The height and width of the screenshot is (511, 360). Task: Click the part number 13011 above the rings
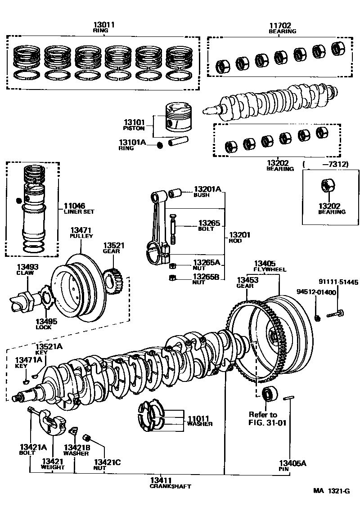point(104,24)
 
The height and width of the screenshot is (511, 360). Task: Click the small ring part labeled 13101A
point(159,145)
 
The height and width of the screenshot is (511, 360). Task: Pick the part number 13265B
point(207,277)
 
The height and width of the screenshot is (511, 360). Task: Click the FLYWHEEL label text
point(267,269)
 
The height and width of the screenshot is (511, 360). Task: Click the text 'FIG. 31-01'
point(267,422)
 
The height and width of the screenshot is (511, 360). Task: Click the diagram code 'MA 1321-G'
point(331,490)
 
